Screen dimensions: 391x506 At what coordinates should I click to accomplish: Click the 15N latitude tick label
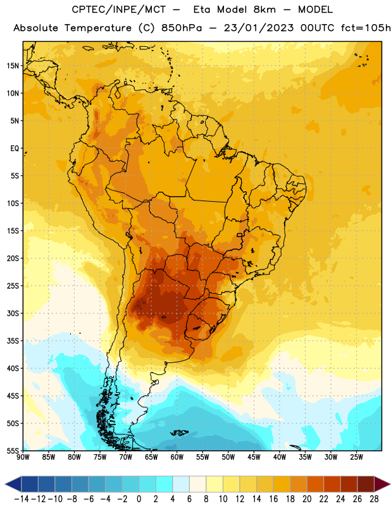13,66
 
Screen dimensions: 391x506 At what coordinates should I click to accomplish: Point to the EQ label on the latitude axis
15,149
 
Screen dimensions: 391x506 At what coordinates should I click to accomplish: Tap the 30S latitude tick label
13,313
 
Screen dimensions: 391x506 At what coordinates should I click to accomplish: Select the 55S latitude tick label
13,450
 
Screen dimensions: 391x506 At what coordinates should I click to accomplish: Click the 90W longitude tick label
23,457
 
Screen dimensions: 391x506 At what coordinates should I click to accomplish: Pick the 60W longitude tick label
177,457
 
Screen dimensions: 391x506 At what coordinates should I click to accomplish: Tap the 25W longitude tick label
356,457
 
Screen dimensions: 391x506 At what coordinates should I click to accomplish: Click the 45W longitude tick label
254,457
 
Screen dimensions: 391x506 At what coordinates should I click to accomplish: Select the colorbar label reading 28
374,499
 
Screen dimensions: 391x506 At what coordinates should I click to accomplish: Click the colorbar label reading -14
22,499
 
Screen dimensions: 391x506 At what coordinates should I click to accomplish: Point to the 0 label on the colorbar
139,499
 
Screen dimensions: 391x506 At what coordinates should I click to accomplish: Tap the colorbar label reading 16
273,499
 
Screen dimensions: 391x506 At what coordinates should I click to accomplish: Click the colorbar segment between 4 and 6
181,484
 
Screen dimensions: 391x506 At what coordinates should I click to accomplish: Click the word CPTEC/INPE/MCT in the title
118,9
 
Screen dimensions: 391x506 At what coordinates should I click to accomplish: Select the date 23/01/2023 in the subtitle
259,28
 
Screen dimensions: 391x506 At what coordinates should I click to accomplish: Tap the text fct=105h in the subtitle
366,28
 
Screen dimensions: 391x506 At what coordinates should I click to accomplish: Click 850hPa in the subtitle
182,28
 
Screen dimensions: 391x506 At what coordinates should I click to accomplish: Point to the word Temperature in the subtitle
98,28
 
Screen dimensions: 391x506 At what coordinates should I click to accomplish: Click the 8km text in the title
264,9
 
